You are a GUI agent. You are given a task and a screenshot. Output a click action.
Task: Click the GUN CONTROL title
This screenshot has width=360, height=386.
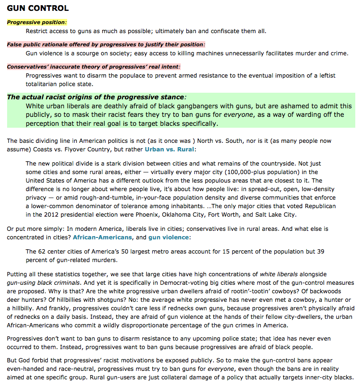coord(37,8)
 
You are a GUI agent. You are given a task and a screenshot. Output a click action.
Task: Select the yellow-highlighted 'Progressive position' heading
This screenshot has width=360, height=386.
coord(36,22)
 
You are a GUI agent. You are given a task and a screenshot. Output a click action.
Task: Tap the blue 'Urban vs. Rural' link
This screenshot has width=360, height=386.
coord(169,149)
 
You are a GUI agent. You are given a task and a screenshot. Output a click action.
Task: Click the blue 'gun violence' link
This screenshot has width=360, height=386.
coord(168,237)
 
